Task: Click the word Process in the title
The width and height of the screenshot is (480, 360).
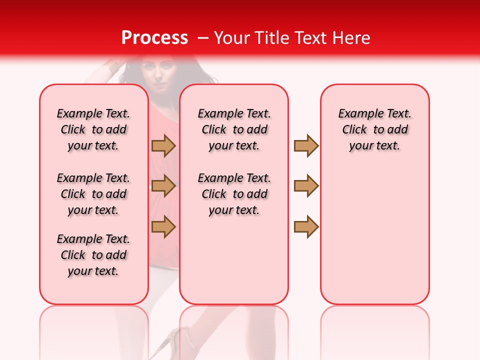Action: pyautogui.click(x=154, y=38)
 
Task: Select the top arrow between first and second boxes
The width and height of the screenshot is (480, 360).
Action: pyautogui.click(x=163, y=146)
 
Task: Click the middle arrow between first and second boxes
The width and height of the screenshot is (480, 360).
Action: pyautogui.click(x=163, y=186)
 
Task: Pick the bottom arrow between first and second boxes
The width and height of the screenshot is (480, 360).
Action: pyautogui.click(x=163, y=226)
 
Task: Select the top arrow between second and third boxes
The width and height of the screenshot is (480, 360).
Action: pyautogui.click(x=306, y=146)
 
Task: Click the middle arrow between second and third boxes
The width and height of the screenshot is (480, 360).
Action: pyautogui.click(x=306, y=186)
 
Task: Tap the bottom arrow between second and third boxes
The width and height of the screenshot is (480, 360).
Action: pyautogui.click(x=306, y=226)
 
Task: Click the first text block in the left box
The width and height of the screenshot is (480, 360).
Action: pyautogui.click(x=93, y=129)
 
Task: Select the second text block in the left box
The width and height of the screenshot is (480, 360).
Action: pyautogui.click(x=93, y=194)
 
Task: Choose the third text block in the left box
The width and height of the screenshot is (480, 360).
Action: pyautogui.click(x=93, y=255)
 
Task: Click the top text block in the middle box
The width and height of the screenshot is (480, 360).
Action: pyautogui.click(x=234, y=129)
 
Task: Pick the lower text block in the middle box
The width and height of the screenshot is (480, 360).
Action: pyautogui.click(x=234, y=194)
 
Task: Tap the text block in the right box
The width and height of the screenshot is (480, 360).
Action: pyautogui.click(x=374, y=129)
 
